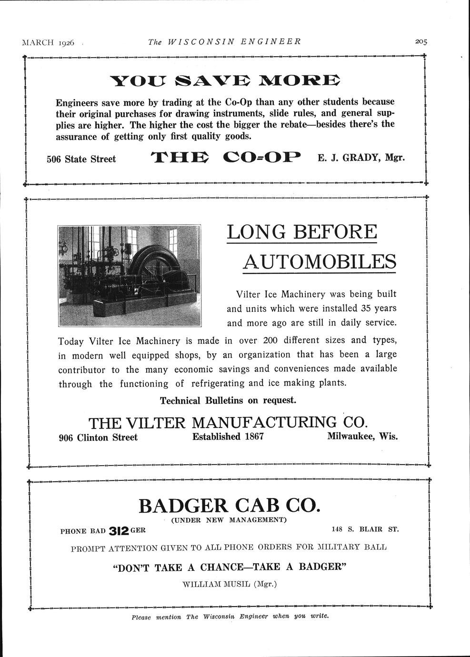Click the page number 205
point(421,41)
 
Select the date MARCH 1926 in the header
point(49,42)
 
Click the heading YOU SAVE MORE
point(225,81)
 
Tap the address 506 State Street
point(81,159)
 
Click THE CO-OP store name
point(226,157)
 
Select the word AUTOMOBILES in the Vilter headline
point(320,261)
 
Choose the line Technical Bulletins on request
point(228,400)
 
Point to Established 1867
point(228,437)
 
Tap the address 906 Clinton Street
point(98,438)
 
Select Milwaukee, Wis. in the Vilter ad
point(362,437)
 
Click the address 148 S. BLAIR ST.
point(365,529)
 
